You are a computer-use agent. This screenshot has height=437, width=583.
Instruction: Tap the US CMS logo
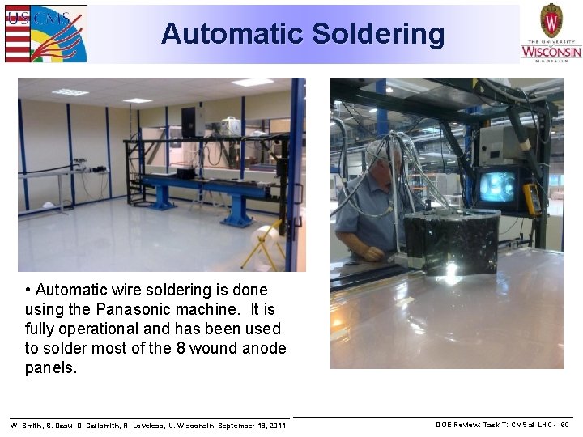pos(45,33)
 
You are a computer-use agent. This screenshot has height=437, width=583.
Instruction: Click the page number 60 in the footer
pos(565,425)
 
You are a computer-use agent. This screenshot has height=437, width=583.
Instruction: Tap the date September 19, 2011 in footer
pos(252,425)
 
